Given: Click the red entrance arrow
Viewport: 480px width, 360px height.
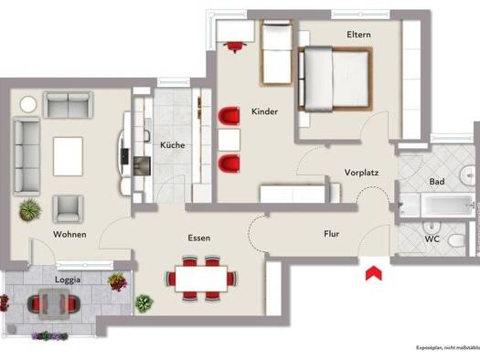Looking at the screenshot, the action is click(x=374, y=273).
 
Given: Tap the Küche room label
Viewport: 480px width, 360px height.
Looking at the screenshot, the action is click(x=173, y=144).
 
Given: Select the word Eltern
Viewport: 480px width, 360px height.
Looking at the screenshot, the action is click(x=358, y=34).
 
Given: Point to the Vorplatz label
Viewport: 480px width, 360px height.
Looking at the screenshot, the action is click(x=361, y=173).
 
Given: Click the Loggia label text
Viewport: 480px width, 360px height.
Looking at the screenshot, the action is click(x=68, y=280).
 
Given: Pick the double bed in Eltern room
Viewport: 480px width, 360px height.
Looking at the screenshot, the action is click(x=336, y=79).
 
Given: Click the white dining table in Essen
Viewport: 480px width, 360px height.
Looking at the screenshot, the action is click(x=201, y=279).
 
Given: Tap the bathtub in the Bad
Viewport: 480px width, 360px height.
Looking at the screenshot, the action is click(x=447, y=205).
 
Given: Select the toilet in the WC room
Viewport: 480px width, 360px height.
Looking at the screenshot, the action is click(x=457, y=239).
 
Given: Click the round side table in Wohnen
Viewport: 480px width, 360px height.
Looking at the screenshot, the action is click(x=28, y=104).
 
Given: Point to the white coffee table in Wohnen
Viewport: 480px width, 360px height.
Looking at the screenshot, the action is click(x=68, y=156).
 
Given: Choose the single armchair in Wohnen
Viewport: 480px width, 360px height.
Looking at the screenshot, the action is click(x=68, y=209).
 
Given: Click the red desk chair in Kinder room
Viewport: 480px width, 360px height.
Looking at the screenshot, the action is click(x=235, y=47).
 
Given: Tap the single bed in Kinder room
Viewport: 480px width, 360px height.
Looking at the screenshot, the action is click(x=276, y=53).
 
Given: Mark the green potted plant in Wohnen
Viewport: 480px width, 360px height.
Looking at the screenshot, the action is click(x=30, y=209).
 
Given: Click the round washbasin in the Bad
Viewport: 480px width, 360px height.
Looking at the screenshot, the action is click(x=468, y=175).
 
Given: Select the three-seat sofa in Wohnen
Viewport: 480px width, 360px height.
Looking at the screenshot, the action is click(x=27, y=156).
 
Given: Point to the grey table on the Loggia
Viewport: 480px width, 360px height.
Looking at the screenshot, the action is click(x=54, y=304).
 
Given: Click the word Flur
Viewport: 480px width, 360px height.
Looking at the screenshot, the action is click(x=332, y=234).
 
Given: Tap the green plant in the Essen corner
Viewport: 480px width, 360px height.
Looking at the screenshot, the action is click(x=144, y=303).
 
